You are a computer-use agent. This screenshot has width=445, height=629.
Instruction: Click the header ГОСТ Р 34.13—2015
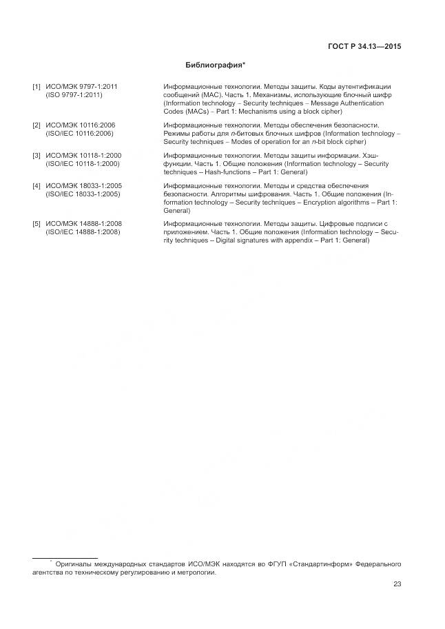click(x=364, y=47)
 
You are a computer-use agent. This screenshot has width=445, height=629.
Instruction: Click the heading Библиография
click(x=216, y=65)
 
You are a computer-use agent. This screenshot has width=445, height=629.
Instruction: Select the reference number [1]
click(x=37, y=87)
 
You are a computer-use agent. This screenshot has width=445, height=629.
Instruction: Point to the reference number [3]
click(x=37, y=156)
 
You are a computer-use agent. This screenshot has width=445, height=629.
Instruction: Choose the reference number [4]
click(x=37, y=186)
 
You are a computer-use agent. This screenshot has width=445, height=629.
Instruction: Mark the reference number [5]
click(x=37, y=224)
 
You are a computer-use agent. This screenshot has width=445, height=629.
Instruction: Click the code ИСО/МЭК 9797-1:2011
click(x=81, y=87)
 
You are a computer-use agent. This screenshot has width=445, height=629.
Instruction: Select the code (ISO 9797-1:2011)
click(x=74, y=95)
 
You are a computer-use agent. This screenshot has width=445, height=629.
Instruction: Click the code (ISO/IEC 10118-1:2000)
click(x=83, y=164)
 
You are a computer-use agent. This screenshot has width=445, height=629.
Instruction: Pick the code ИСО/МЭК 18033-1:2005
click(x=83, y=186)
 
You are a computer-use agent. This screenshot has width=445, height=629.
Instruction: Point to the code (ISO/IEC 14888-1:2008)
click(x=83, y=232)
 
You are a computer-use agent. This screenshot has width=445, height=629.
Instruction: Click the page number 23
click(x=397, y=584)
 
